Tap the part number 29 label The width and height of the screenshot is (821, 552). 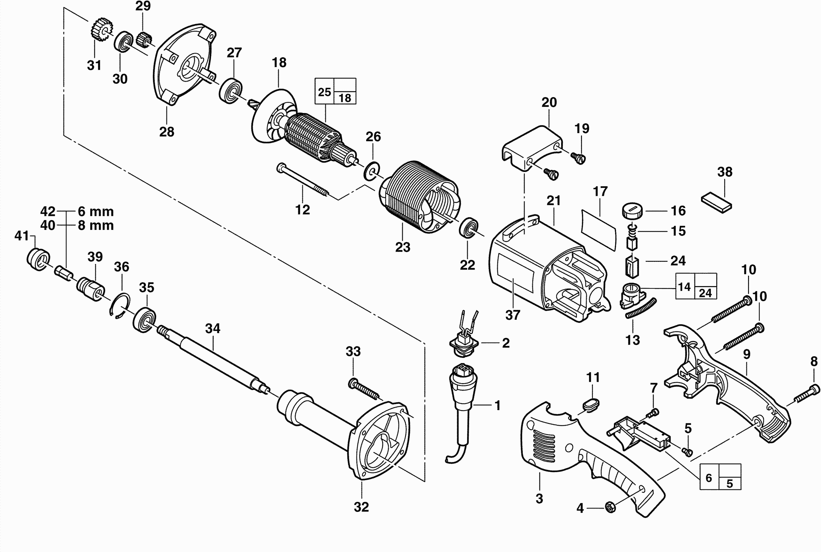(x=143, y=6)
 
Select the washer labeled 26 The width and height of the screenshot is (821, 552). (x=371, y=171)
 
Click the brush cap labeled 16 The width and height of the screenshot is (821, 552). (x=632, y=211)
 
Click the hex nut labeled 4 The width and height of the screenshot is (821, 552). (x=610, y=508)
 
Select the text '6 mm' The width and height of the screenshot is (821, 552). (x=96, y=211)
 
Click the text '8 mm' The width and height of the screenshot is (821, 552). (x=96, y=225)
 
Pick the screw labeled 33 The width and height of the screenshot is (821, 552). (x=363, y=388)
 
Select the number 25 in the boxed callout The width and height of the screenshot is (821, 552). (x=324, y=92)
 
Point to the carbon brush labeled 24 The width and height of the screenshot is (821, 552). (x=632, y=267)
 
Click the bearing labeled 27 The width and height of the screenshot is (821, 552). (x=231, y=91)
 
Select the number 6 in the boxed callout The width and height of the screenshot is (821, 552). (x=709, y=478)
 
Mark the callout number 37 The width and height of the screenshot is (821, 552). (x=513, y=315)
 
